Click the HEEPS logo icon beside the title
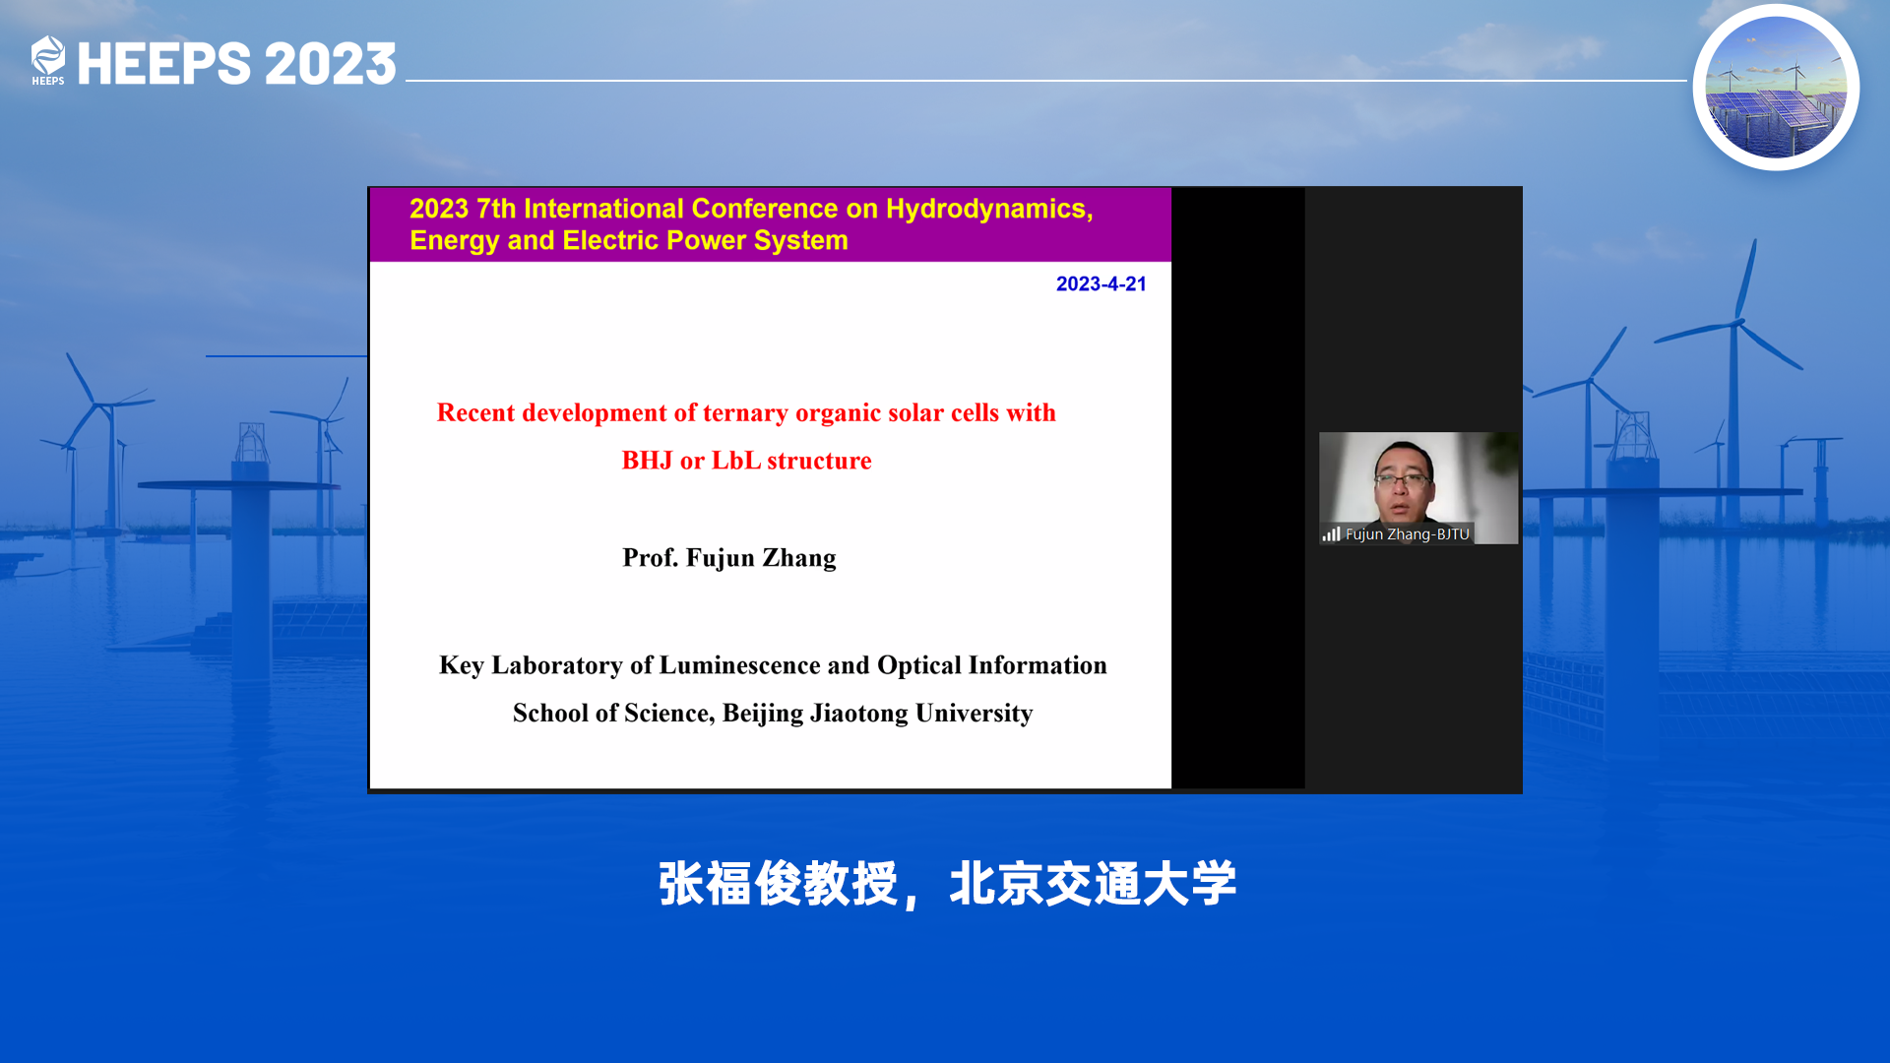click(47, 61)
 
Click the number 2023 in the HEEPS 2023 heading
click(331, 64)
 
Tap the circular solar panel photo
click(1776, 88)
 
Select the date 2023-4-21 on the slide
click(1102, 283)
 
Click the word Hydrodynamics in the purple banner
click(989, 209)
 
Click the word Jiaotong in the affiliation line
click(859, 714)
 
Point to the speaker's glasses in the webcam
click(1402, 480)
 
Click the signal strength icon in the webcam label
click(1332, 533)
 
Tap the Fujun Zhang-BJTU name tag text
click(1407, 533)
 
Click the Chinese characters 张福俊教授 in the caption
click(778, 884)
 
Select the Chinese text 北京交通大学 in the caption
click(1093, 884)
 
